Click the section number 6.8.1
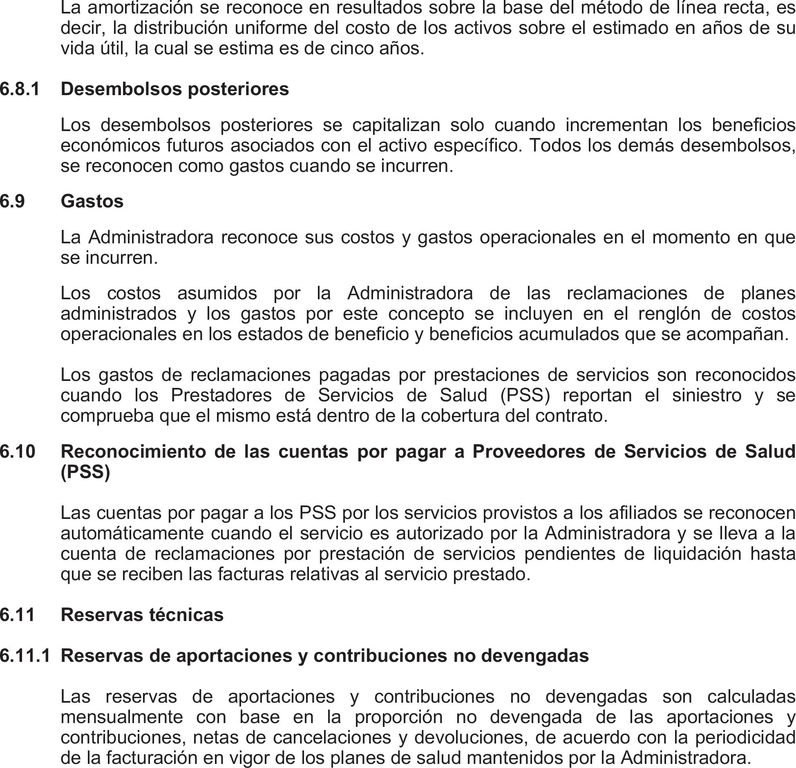[20, 89]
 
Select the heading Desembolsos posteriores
[174, 89]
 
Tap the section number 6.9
[12, 201]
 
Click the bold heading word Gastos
[92, 201]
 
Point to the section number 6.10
[18, 452]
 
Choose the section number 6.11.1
[25, 655]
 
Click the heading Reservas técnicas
[142, 614]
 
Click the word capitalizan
[396, 125]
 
